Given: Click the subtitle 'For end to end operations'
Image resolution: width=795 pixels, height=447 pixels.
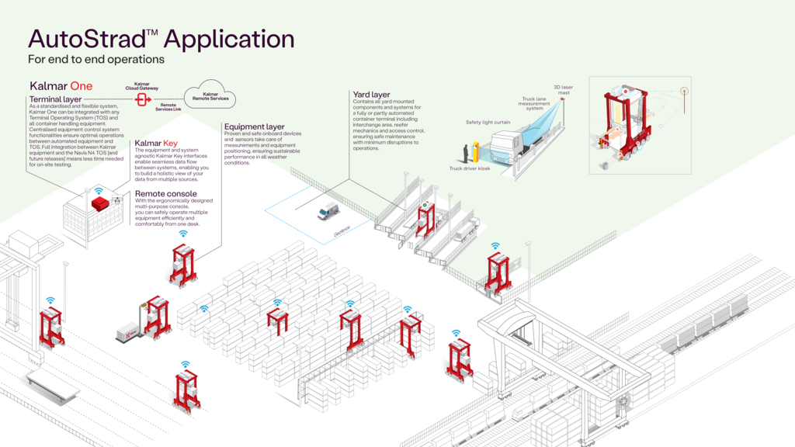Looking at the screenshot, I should click(96, 59).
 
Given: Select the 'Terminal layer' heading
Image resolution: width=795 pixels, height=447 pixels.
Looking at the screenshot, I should click(55, 100).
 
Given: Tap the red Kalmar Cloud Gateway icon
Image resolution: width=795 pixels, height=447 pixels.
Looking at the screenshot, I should click(142, 100).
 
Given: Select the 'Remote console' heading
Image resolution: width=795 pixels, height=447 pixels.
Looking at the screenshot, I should click(165, 193).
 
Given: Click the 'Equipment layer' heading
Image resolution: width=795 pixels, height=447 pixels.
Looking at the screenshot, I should click(255, 126).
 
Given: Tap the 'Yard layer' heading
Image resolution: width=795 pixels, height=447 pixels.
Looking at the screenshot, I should click(371, 95).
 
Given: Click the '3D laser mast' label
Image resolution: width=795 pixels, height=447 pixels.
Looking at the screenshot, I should click(563, 90).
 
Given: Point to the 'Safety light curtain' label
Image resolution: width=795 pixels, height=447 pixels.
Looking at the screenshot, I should click(488, 122).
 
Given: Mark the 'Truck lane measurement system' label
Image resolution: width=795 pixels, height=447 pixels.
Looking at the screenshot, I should click(536, 103).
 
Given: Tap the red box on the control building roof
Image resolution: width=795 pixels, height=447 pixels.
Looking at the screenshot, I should click(100, 203).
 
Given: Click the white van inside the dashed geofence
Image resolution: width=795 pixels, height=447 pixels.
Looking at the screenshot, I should click(328, 211).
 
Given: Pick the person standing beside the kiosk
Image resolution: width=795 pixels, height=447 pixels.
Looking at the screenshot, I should click(466, 152).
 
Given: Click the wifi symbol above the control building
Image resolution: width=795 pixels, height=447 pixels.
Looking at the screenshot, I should click(99, 189).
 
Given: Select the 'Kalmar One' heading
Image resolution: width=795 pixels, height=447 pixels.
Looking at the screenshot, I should click(61, 85).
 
